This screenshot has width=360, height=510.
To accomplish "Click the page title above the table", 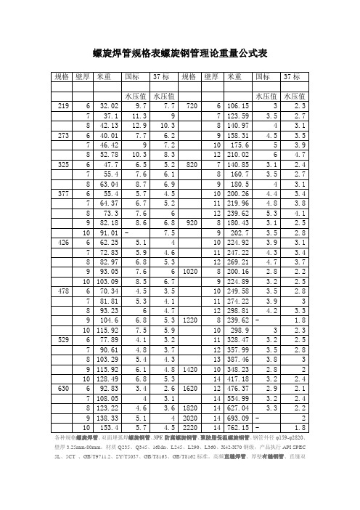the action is pos(181,53).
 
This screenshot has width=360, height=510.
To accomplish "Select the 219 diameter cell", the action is pos(63,106).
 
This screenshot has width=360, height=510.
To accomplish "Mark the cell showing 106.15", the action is pos(237,106).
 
